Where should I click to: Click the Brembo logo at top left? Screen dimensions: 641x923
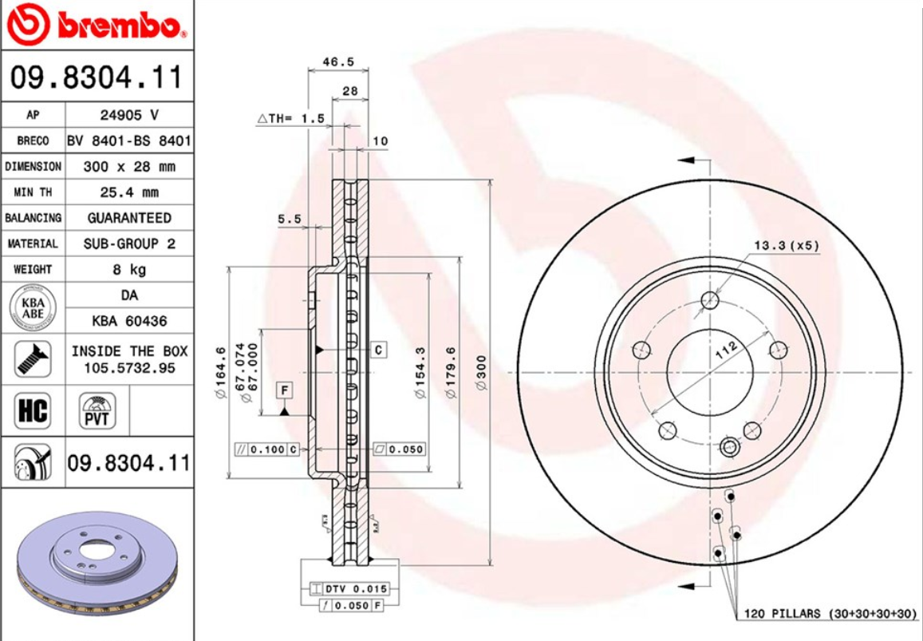[96, 26]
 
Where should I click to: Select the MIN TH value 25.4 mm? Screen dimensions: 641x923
[128, 192]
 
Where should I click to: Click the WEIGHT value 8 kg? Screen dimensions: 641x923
[128, 269]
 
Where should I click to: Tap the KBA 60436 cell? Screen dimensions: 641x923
[128, 321]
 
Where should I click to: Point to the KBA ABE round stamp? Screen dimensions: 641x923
[32, 308]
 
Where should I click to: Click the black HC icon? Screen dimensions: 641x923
[32, 411]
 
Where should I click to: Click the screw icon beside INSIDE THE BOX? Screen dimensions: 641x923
[32, 359]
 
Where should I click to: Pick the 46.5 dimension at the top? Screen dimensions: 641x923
[337, 61]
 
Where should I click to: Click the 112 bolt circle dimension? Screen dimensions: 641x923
[726, 349]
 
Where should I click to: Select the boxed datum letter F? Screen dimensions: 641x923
[284, 390]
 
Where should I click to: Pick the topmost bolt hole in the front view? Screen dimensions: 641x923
[710, 300]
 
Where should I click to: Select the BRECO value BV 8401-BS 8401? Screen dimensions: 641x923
[128, 141]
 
